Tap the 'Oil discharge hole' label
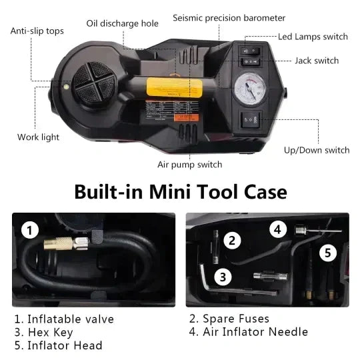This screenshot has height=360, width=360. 123,24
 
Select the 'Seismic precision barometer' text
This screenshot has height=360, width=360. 229,18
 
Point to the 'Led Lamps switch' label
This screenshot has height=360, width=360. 313,37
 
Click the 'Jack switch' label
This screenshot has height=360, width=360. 317,61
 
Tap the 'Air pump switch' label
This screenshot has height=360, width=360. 190,164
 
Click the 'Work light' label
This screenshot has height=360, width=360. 38,137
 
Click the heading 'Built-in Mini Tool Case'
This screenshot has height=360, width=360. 180,192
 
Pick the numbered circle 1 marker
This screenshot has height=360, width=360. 29,231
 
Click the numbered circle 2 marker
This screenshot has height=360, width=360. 232,241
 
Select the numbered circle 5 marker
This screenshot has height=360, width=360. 327,253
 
